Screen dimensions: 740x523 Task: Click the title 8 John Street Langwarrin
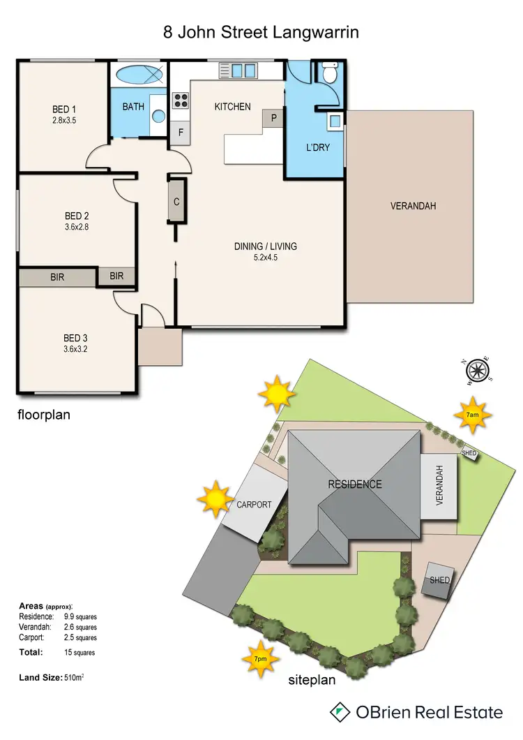pyautogui.click(x=261, y=32)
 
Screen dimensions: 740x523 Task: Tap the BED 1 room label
pyautogui.click(x=64, y=110)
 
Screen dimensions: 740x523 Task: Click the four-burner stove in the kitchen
pyautogui.click(x=180, y=101)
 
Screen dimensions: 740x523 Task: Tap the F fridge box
pyautogui.click(x=181, y=133)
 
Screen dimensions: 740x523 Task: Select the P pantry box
pyautogui.click(x=273, y=119)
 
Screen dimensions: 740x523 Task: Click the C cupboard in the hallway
pyautogui.click(x=176, y=202)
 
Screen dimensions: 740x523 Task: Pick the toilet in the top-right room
pyautogui.click(x=328, y=73)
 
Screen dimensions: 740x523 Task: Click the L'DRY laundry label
pyautogui.click(x=318, y=148)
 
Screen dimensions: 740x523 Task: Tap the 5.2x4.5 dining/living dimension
pyautogui.click(x=265, y=257)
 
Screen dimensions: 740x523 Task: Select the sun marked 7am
pyautogui.click(x=472, y=415)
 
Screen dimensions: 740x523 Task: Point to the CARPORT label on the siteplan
pyautogui.click(x=253, y=505)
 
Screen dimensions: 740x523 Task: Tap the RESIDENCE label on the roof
pyautogui.click(x=355, y=484)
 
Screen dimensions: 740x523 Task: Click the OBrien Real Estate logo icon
pyautogui.click(x=340, y=712)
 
